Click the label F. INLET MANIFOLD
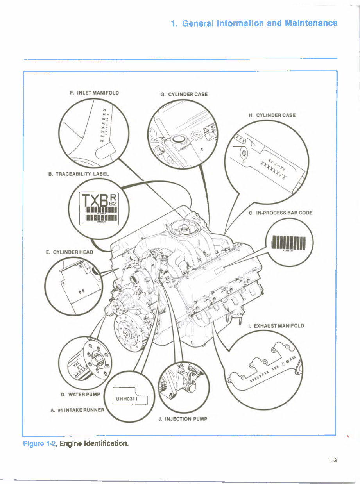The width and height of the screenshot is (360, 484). pyautogui.click(x=94, y=93)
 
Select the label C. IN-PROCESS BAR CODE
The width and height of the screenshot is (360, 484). pyautogui.click(x=280, y=213)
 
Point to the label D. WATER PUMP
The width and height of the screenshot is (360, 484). pyautogui.click(x=81, y=394)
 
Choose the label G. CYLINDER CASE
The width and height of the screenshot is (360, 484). pyautogui.click(x=184, y=94)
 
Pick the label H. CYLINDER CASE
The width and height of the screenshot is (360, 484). pyautogui.click(x=272, y=115)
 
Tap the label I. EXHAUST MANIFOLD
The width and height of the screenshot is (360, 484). pyautogui.click(x=276, y=325)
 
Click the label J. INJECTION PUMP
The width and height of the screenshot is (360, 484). pyautogui.click(x=183, y=419)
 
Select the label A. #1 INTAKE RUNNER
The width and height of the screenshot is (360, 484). pyautogui.click(x=78, y=410)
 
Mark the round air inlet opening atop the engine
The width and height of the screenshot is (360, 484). pyautogui.click(x=181, y=226)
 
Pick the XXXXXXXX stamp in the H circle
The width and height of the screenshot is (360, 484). pyautogui.click(x=273, y=172)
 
